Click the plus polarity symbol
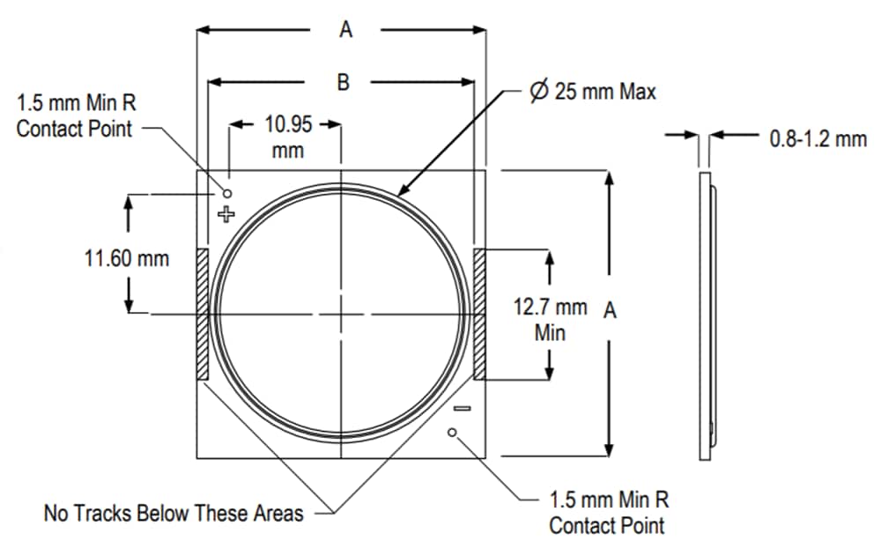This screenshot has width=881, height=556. pos(226,213)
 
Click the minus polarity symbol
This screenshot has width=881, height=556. pos(462,408)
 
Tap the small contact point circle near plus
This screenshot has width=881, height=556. pos(227,192)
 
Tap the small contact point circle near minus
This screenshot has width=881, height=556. pos(453,432)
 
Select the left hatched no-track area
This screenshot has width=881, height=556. pos(202,315)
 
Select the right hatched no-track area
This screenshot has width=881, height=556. pos(480,315)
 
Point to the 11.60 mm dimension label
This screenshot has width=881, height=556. pos(129,259)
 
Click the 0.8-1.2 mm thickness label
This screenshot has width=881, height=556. pos(818,138)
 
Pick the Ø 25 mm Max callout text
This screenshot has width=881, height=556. pos(593,91)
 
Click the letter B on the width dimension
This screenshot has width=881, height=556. pos(344,83)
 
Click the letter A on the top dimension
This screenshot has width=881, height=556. pos(345,30)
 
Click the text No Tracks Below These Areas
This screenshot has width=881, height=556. pos(174,513)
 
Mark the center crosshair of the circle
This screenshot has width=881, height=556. pos(341,315)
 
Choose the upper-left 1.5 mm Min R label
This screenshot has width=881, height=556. pos(77,115)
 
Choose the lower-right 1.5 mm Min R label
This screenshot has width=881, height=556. pos(609,513)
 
